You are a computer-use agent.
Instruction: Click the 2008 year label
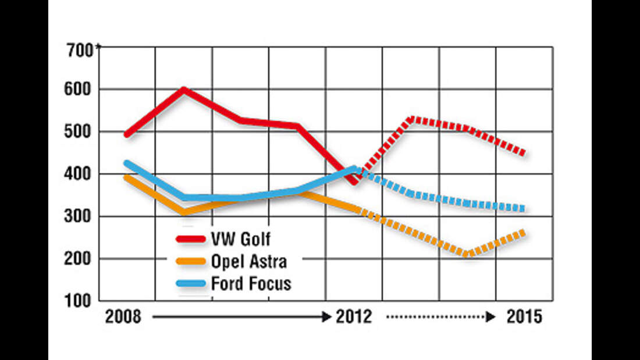pyautogui.click(x=123, y=318)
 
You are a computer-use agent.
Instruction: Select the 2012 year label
pyautogui.click(x=353, y=318)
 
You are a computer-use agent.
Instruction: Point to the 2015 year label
pyautogui.click(x=524, y=318)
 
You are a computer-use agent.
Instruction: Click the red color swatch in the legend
pyautogui.click(x=191, y=239)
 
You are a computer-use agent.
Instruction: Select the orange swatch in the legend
pyautogui.click(x=191, y=261)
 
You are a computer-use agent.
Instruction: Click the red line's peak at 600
pyautogui.click(x=184, y=89)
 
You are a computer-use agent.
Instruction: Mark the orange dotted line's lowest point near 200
pyautogui.click(x=466, y=254)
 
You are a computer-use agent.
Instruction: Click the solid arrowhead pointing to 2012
pyautogui.click(x=326, y=318)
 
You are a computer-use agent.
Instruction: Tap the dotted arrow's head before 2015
pyautogui.click(x=492, y=318)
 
